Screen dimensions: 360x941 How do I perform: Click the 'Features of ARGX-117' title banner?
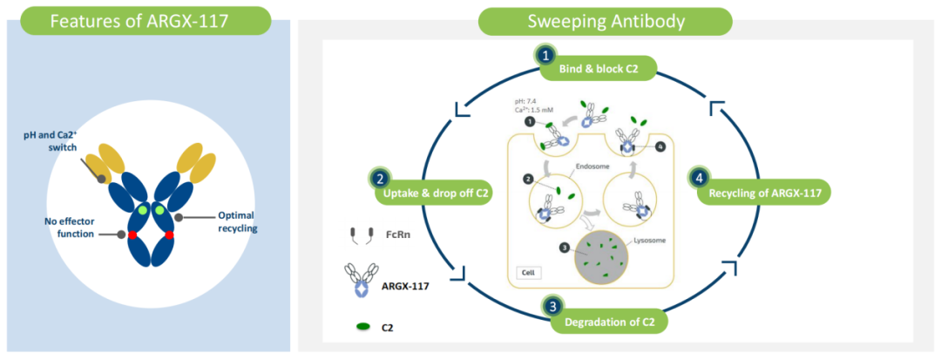(146, 20)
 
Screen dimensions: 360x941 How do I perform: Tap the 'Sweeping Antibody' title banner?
(605, 22)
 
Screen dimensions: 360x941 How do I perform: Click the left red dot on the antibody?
(132, 235)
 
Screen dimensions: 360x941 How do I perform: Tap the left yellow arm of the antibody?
(109, 163)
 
